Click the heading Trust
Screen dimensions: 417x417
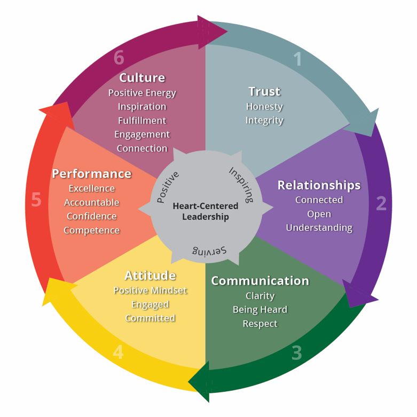[264, 91]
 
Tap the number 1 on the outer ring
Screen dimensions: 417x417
[297, 59]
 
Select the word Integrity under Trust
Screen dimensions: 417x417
[264, 120]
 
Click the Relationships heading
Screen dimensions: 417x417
[319, 185]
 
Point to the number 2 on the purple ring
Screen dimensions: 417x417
[381, 203]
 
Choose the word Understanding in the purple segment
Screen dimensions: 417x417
[319, 228]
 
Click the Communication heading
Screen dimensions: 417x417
[260, 281]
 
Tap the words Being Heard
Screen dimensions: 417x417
[260, 310]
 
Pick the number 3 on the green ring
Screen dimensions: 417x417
[297, 352]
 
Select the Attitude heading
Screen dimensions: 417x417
[150, 276]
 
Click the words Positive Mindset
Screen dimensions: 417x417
[150, 290]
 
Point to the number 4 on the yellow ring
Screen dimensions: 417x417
[118, 352]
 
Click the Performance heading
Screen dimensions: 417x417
[91, 174]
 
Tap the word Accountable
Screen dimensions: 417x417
[91, 202]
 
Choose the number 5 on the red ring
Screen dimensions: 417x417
[36, 200]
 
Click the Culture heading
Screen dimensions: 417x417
[142, 78]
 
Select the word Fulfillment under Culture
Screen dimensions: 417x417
[142, 121]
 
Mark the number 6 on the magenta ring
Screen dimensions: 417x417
[119, 58]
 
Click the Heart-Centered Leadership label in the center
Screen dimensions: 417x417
[206, 211]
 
